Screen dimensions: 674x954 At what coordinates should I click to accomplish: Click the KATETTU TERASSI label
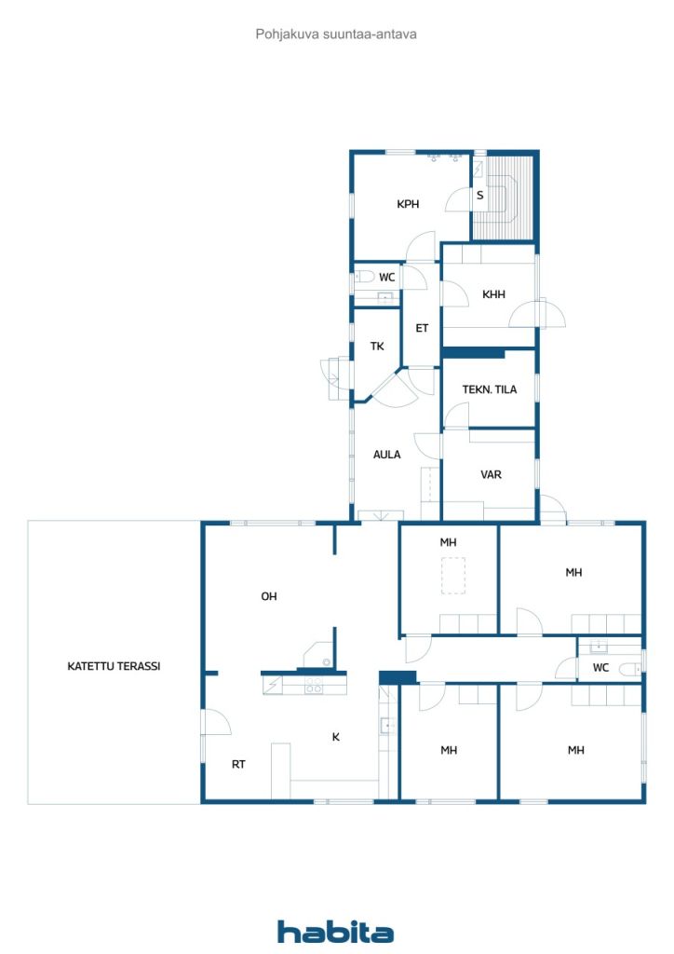[114, 666]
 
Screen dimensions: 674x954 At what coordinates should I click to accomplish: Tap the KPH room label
[408, 204]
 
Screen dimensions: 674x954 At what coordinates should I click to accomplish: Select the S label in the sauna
[480, 196]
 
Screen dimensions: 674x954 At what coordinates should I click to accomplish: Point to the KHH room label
[493, 294]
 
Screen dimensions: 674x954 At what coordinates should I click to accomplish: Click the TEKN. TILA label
[490, 389]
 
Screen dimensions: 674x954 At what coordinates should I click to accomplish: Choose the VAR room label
[491, 474]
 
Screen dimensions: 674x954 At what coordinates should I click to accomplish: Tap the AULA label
[386, 455]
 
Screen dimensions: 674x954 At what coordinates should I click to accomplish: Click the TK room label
[377, 347]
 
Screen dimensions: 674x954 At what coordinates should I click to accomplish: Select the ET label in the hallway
[422, 329]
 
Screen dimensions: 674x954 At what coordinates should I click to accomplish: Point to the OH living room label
[269, 597]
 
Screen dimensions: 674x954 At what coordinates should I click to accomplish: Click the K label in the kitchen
[335, 738]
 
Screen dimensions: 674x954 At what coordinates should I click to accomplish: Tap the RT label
[238, 765]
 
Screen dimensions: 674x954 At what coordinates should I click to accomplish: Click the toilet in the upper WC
[364, 278]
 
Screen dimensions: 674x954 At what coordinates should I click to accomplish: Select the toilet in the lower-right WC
[629, 669]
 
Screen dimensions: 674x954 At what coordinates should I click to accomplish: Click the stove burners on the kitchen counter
[314, 685]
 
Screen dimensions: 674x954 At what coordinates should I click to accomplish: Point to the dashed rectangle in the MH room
[452, 576]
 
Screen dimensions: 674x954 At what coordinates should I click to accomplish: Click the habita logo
[335, 932]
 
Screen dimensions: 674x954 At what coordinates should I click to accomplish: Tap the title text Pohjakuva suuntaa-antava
[336, 34]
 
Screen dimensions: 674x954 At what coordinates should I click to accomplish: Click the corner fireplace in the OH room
[318, 655]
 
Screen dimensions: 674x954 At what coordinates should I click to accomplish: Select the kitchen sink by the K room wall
[387, 726]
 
